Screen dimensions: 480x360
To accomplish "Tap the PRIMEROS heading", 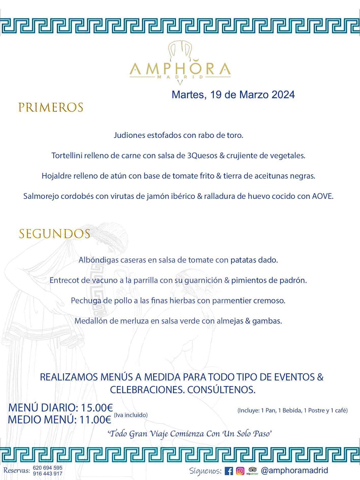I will pos(51,107).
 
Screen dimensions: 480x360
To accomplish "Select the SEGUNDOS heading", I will pos(55,234).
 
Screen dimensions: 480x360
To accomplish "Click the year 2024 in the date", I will pos(283,95).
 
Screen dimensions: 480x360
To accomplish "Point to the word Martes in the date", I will pos(188,95).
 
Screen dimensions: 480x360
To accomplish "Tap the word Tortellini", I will pos(67,155).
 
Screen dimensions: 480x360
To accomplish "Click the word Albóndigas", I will pos(98,260).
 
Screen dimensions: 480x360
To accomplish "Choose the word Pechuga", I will pos(86,300).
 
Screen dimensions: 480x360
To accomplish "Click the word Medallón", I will pos(91,321).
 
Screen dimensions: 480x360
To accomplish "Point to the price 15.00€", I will pos(97,408).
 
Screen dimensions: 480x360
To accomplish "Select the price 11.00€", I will pos(95,420).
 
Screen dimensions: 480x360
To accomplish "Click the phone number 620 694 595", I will pos(48,468).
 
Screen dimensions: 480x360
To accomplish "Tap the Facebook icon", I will pos(229,471).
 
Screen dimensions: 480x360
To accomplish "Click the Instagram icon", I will pos(240,471).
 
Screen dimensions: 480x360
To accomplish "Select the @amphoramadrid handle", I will pos(294,470).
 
